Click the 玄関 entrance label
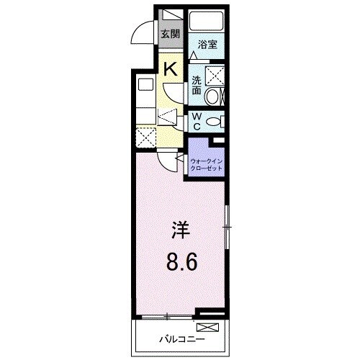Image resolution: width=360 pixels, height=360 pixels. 169,33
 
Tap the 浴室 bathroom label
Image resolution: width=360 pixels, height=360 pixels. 208,43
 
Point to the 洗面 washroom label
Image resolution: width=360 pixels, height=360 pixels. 197,86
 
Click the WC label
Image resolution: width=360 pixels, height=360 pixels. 197,122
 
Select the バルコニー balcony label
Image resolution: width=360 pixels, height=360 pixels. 181,338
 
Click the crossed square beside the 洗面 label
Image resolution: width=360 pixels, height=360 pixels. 214,74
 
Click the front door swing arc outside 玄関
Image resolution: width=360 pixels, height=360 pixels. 144,32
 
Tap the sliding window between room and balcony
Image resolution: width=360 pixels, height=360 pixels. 167,316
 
